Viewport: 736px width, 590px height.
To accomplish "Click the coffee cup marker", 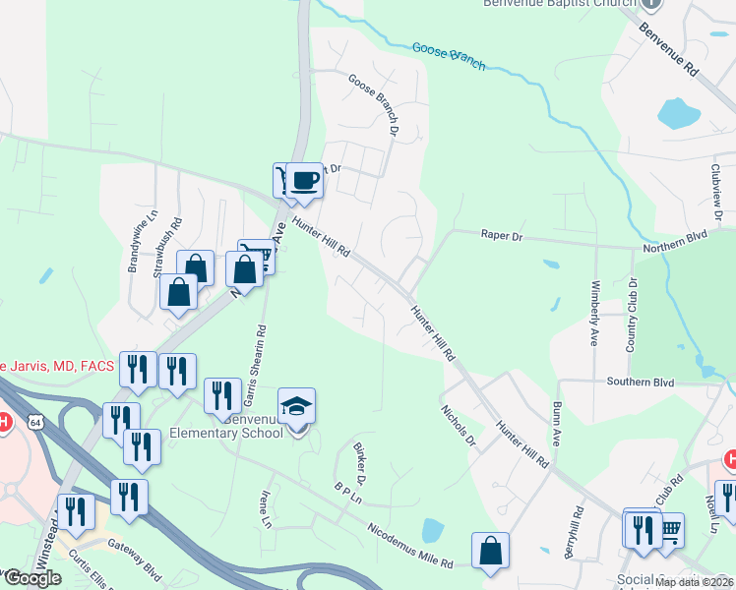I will click(x=306, y=181).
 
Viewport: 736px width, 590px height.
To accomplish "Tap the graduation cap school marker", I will click(x=296, y=405).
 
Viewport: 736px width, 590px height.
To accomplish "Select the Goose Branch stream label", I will click(x=449, y=55).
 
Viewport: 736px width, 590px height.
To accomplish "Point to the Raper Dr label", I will click(x=502, y=235).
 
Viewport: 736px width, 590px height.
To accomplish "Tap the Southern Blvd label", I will click(x=640, y=382).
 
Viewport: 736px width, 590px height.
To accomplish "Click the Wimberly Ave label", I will click(x=595, y=314).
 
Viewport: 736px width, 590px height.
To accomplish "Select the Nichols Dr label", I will click(x=458, y=425).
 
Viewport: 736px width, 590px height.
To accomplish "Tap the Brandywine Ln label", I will click(x=134, y=242).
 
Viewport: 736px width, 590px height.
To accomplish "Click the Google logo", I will click(x=31, y=578).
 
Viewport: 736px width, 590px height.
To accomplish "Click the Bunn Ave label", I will click(x=557, y=424).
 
